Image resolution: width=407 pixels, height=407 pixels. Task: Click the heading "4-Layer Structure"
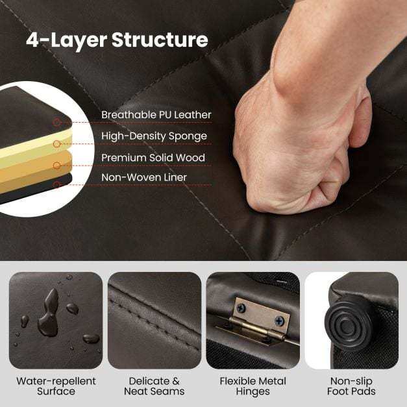(117, 40)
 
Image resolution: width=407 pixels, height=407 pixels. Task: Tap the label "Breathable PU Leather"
(156, 115)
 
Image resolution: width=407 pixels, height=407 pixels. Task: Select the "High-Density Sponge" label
(154, 136)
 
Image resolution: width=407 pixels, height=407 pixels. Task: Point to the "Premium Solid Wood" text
(153, 158)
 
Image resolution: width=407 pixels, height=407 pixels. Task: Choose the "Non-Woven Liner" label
(144, 177)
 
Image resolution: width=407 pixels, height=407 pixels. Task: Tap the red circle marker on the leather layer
(57, 122)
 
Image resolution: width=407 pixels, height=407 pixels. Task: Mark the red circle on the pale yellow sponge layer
(57, 144)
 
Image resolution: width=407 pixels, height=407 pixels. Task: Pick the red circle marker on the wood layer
(57, 166)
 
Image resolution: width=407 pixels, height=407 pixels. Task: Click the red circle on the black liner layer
(57, 184)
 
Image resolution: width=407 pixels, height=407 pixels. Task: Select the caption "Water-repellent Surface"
(56, 386)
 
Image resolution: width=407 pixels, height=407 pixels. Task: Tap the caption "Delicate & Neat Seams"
(154, 386)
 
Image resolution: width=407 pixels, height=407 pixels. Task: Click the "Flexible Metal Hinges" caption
(253, 386)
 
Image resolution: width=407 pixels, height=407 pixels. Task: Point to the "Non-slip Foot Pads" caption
(351, 386)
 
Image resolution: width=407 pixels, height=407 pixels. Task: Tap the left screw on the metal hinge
(241, 308)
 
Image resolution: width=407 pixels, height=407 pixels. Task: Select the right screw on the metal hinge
(279, 321)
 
